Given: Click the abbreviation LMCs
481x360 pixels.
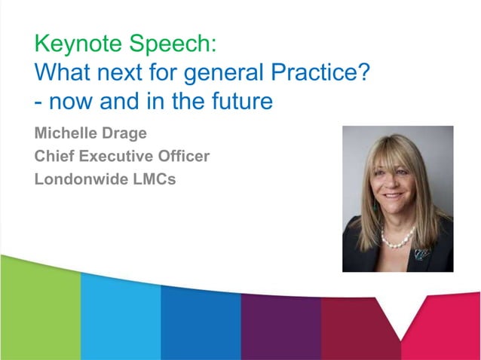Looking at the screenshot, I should (153, 180).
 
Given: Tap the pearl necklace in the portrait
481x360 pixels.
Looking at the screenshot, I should (397, 239).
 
